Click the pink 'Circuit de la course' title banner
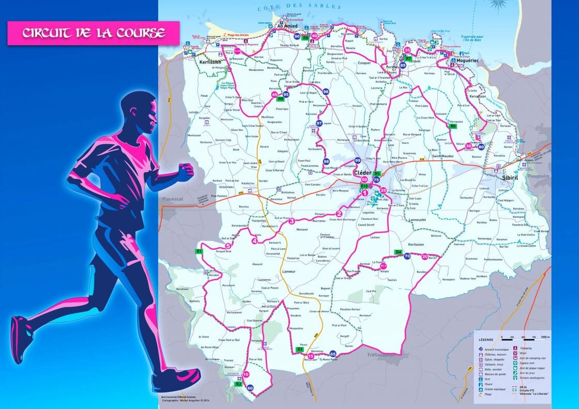coord(93,33)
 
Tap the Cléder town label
coord(362,173)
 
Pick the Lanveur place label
coord(289,271)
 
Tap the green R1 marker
coord(199,251)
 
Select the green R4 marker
coord(399,252)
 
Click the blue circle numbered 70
coord(407,256)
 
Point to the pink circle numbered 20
coord(425,256)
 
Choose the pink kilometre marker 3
coord(292,221)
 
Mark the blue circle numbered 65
coord(332,354)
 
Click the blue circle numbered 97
coord(319,123)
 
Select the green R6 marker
coord(453,126)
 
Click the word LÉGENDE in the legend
coord(485,339)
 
